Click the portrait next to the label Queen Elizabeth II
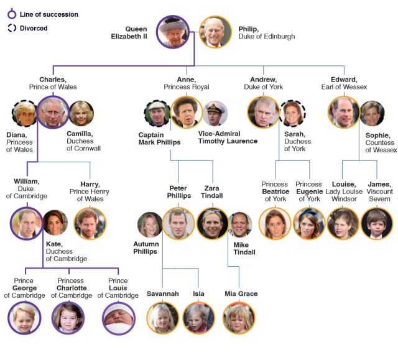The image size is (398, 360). point(173,32)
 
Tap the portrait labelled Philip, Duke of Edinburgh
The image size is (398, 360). point(216,32)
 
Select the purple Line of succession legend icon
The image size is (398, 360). point(12,14)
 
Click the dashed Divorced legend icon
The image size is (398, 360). point(12,28)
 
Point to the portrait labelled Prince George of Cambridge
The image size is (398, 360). point(24,318)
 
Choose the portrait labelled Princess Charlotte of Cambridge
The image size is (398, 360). point(68,318)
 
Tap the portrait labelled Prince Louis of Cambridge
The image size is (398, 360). point(119,318)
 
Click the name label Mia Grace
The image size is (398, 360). point(241,293)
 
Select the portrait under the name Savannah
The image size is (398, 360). point(163,318)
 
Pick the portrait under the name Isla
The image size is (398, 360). point(199,318)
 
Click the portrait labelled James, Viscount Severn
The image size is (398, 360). point(377,223)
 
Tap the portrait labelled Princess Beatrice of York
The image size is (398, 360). point(275,223)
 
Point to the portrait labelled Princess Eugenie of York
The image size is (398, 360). point(309,223)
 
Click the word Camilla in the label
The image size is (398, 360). point(80,134)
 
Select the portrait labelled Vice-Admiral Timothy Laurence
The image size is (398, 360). point(215,113)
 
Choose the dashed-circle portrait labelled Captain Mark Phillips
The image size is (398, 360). point(157,113)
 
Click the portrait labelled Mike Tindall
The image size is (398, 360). point(239,224)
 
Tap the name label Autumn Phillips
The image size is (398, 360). point(146,247)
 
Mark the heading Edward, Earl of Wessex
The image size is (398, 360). point(344,83)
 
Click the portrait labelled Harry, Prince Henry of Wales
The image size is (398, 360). point(90,223)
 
